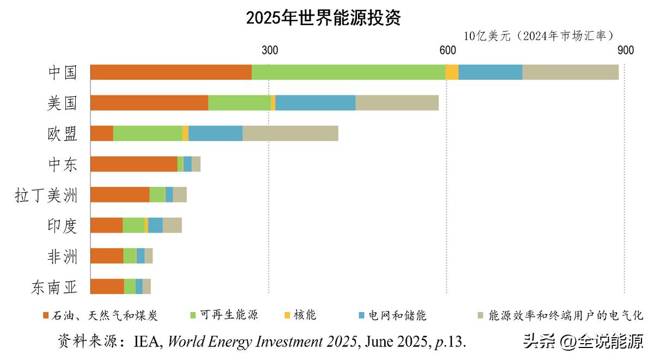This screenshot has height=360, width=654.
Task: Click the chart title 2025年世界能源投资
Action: tap(323, 18)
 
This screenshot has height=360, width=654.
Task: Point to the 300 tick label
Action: tap(269, 51)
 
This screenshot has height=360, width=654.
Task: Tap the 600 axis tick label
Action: tap(447, 51)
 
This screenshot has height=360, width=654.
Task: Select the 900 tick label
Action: tap(625, 51)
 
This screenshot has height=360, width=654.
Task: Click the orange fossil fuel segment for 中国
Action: tap(171, 72)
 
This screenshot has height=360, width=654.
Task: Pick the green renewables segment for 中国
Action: tap(348, 72)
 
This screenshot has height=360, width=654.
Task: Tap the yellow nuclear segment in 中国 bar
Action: tap(452, 72)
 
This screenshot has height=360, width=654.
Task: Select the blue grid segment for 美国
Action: tap(315, 102)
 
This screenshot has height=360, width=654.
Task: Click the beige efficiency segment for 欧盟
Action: tap(290, 133)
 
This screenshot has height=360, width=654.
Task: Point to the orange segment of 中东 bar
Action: tap(134, 164)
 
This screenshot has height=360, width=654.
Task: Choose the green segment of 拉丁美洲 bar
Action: tap(157, 194)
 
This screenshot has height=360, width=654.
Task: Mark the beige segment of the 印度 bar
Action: tap(172, 225)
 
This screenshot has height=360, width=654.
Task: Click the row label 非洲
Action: tap(63, 256)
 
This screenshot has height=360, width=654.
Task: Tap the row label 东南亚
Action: tap(55, 286)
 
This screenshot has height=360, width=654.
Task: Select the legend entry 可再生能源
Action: tap(228, 315)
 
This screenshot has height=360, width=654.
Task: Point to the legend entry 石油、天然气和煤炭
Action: tap(104, 315)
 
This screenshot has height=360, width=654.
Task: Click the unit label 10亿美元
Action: tap(487, 36)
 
